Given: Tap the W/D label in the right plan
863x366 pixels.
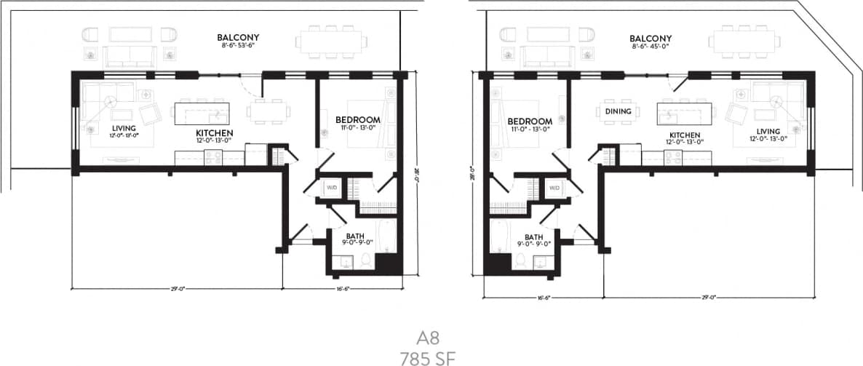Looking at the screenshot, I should click(554, 188).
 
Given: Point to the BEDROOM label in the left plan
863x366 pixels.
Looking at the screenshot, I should click(358, 119).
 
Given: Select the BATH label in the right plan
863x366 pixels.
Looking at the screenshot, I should click(533, 237).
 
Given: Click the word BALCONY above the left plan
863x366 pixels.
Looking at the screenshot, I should click(238, 38).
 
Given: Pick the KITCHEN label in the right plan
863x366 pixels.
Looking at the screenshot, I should click(685, 135).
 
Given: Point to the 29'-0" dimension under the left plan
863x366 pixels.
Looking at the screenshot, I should click(176, 289).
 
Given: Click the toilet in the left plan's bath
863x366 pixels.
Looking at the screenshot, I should click(366, 261).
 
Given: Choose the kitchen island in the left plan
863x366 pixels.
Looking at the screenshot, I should click(201, 113).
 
